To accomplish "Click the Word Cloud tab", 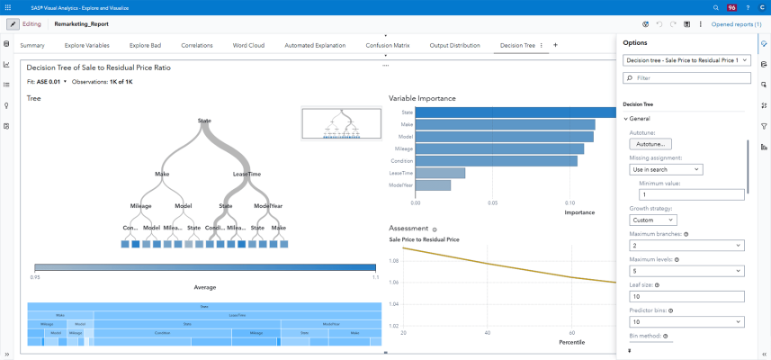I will click(x=248, y=45).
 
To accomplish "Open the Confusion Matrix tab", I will click(x=387, y=45).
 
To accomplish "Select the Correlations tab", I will click(x=197, y=45).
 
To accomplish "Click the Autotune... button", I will click(x=650, y=144).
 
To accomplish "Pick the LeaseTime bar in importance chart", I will click(x=440, y=173).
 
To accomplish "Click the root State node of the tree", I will click(x=204, y=120).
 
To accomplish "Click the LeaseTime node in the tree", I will click(x=247, y=174).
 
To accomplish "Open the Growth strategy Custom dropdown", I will click(x=652, y=220).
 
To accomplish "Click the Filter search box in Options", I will click(x=686, y=78).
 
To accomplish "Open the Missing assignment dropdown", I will click(x=666, y=169).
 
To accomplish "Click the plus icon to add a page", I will click(x=555, y=45).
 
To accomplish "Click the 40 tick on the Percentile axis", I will click(x=488, y=332).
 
